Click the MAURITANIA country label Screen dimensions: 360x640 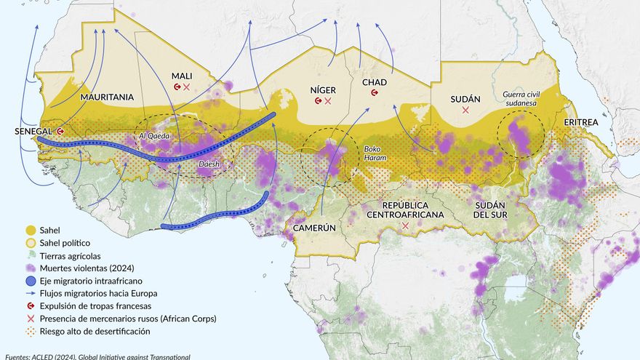click(107, 97)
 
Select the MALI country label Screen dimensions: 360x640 click(182, 76)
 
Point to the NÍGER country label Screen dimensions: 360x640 click(323, 89)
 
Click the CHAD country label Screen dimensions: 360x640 click(374, 82)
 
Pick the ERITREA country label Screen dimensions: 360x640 click(580, 122)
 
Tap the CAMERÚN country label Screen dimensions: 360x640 click(314, 228)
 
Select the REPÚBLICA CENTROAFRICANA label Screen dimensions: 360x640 click(404, 209)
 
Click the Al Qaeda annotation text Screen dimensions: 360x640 click(153, 136)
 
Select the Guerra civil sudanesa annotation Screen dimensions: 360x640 click(520, 99)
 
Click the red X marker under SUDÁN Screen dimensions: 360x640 click(465, 110)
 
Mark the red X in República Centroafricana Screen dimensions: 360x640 click(405, 226)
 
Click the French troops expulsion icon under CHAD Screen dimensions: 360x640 click(375, 93)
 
